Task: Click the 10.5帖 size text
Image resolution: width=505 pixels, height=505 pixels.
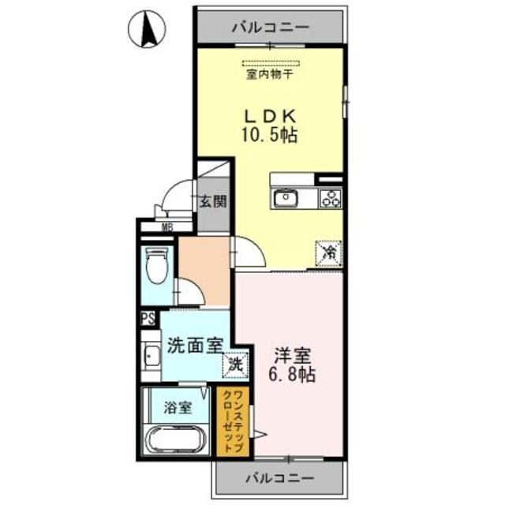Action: [269, 135]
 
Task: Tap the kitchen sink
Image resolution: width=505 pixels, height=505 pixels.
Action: [284, 198]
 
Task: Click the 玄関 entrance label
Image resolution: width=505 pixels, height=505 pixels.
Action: [211, 200]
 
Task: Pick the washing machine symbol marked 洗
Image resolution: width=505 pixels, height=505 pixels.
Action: [235, 364]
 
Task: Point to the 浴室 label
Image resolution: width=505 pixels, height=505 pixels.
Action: [177, 408]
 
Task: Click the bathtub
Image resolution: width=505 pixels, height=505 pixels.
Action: [178, 439]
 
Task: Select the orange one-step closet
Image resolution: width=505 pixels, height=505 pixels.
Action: [233, 422]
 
